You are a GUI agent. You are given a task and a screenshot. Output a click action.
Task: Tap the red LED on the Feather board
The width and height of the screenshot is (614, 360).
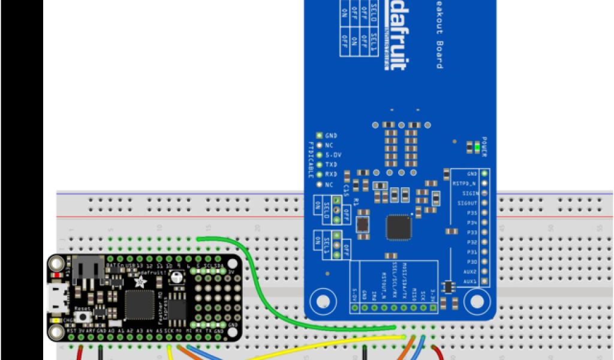pyautogui.click(x=57, y=275)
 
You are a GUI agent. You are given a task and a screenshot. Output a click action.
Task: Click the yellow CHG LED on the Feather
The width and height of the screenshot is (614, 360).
pyautogui.click(x=57, y=321)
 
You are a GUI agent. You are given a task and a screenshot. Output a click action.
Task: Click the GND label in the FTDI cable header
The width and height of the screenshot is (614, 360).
pyautogui.click(x=330, y=136)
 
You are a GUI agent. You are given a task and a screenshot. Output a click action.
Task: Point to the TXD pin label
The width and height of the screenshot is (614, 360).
pyautogui.click(x=330, y=164)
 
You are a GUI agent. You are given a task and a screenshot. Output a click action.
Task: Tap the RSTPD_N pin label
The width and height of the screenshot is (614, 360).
pyautogui.click(x=464, y=184)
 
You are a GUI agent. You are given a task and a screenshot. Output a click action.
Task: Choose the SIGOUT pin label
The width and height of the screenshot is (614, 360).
pyautogui.click(x=467, y=203)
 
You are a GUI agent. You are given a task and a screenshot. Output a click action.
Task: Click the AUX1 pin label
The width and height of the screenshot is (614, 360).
pyautogui.click(x=469, y=281)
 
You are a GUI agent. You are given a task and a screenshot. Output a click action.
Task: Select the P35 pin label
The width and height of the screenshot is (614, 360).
pyautogui.click(x=471, y=212)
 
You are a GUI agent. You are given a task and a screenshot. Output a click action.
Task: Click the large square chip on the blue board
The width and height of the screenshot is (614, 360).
pyautogui.click(x=399, y=227)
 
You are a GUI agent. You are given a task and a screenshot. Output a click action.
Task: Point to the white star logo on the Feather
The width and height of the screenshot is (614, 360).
pyautogui.click(x=140, y=281)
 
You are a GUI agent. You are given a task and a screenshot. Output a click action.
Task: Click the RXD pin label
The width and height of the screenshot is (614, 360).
pyautogui.click(x=330, y=174)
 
